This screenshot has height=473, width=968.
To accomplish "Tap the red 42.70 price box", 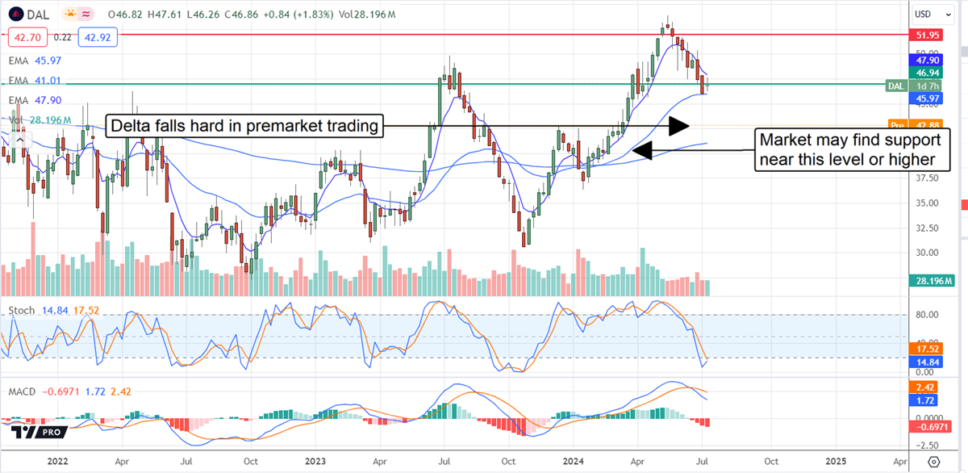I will coord(27,37).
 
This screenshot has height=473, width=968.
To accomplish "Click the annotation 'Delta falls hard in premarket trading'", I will coord(244,126).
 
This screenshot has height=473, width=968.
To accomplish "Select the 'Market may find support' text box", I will coord(851,149).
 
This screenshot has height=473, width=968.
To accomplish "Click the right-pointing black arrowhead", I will coord(680,125).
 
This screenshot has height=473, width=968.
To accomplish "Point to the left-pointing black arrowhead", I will coord(642,150).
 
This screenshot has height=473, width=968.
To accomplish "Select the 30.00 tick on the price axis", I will coord(925,253).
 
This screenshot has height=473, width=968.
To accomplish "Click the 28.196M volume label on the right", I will coord(933,281).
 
